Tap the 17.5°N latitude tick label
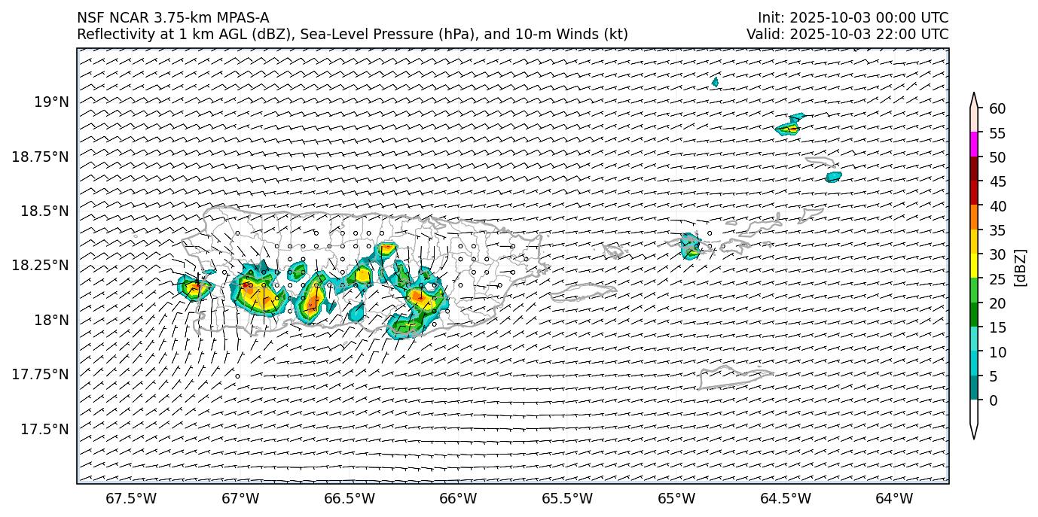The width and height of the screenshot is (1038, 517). click(x=47, y=429)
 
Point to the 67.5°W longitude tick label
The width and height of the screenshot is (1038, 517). click(x=131, y=498)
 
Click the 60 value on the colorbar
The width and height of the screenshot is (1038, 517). click(x=997, y=109)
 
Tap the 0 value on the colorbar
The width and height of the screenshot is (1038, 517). click(x=993, y=400)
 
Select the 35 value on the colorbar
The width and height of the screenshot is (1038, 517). click(x=997, y=230)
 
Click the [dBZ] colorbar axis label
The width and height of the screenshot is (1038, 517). click(x=1021, y=267)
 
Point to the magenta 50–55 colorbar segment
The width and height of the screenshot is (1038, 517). click(x=974, y=144)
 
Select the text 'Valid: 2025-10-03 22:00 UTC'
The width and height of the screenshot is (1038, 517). click(x=847, y=34)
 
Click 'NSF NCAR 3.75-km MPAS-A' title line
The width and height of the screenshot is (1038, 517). click(x=172, y=18)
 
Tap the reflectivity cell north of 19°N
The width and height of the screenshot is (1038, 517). click(x=715, y=81)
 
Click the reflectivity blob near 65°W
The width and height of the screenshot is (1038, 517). click(x=689, y=245)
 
